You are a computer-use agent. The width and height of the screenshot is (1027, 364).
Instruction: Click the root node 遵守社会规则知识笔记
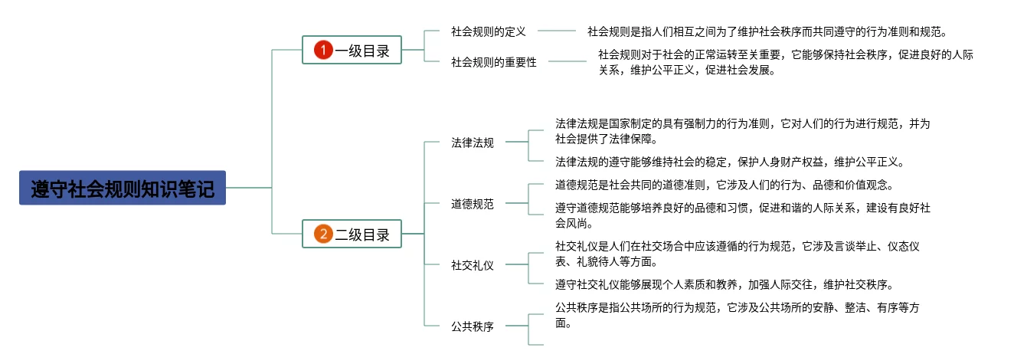[123, 188]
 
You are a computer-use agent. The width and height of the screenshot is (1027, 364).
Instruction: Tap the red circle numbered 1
[323, 50]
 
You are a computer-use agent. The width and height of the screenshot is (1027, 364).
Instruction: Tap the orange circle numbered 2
[323, 234]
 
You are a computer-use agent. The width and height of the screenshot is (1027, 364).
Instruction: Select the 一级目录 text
[362, 51]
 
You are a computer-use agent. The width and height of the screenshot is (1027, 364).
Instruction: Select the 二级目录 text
[362, 234]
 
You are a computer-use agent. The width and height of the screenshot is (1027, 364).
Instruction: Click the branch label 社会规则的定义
[489, 31]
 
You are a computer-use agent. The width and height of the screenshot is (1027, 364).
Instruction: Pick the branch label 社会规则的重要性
[494, 62]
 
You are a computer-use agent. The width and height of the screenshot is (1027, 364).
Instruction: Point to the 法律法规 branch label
[473, 143]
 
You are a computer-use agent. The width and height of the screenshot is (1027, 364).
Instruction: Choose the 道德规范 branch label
[473, 204]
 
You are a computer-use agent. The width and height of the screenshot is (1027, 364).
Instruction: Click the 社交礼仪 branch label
[473, 265]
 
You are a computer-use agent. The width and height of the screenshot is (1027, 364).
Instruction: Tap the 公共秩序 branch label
[473, 326]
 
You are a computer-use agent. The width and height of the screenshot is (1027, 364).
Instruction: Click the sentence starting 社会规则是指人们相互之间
[767, 31]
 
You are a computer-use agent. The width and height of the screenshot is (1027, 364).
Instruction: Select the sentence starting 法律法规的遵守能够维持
[730, 162]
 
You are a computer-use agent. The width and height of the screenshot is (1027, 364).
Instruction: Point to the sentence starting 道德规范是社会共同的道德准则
[724, 185]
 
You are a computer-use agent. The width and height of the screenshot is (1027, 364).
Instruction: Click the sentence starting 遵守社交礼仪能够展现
[724, 284]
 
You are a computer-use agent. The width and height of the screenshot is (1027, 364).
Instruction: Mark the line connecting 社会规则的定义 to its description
[557, 31]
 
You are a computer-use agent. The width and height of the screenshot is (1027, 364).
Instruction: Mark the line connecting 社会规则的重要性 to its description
[567, 61]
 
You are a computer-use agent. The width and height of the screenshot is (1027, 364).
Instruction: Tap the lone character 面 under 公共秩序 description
[561, 323]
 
